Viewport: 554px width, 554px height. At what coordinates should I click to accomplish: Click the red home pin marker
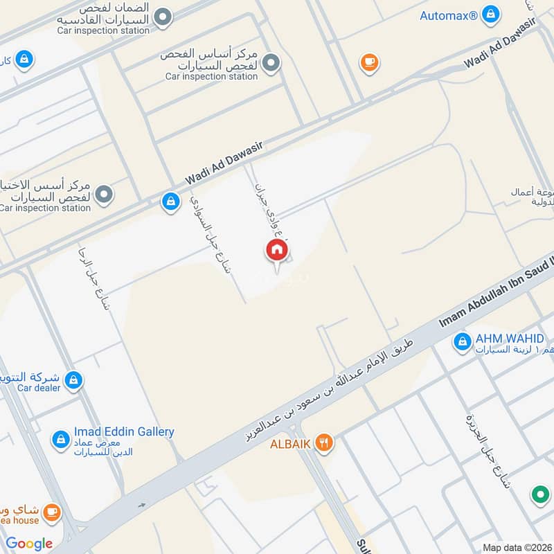[276, 250]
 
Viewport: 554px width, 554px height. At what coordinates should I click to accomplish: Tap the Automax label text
[449, 15]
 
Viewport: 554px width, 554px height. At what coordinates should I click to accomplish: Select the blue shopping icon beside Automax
[490, 14]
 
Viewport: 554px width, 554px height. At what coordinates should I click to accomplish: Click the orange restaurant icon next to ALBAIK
[323, 442]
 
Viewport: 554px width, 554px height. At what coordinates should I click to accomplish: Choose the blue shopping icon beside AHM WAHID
[462, 341]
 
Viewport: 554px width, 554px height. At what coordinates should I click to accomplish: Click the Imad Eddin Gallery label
[125, 432]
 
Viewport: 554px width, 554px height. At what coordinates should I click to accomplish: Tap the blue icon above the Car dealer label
[73, 379]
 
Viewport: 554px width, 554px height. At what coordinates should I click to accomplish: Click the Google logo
[30, 544]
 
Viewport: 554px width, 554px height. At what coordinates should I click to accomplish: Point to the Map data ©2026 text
[517, 548]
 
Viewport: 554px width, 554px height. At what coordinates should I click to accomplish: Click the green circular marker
[539, 495]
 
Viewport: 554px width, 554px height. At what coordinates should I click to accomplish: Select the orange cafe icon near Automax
[369, 63]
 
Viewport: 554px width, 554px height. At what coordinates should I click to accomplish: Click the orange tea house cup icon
[51, 512]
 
